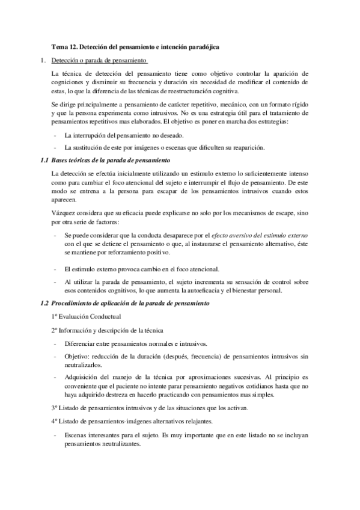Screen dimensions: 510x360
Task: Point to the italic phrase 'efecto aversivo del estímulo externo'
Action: point(251,235)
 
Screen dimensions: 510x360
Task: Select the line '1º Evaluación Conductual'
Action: point(87,316)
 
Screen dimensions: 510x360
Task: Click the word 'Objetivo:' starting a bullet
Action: point(77,357)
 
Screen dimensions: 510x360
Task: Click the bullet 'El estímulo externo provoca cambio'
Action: point(142,269)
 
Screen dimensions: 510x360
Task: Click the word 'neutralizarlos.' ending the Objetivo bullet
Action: point(84,364)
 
